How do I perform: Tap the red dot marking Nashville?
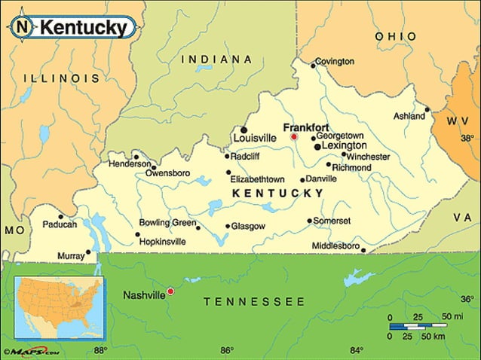(x=170, y=291)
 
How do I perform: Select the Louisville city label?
(x=256, y=139)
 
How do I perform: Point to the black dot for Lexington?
(x=317, y=145)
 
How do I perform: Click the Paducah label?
(x=60, y=224)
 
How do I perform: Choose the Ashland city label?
(x=409, y=117)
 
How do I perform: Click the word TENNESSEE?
(x=254, y=302)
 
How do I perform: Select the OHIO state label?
(x=396, y=36)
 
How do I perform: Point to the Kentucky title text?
(x=83, y=28)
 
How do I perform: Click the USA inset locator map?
(x=58, y=306)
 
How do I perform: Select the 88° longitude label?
(x=100, y=349)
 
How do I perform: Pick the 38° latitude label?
(x=467, y=139)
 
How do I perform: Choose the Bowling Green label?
(x=167, y=223)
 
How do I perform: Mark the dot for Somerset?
(x=309, y=221)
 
